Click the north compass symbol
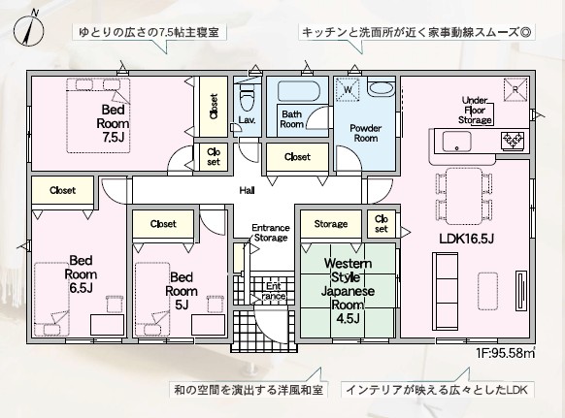(29, 28)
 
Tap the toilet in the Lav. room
(248, 97)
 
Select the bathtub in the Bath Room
(298, 91)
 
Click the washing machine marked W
(348, 89)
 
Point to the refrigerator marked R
(515, 89)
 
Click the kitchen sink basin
(457, 142)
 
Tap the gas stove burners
(514, 141)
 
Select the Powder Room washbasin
(382, 88)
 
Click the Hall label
(248, 190)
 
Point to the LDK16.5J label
(466, 239)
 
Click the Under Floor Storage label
(475, 111)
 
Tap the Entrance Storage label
(271, 233)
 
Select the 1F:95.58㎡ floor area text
(505, 353)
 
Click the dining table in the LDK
(464, 196)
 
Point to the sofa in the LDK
(445, 291)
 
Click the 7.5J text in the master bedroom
(114, 137)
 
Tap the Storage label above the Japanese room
(331, 224)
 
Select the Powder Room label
(366, 133)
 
